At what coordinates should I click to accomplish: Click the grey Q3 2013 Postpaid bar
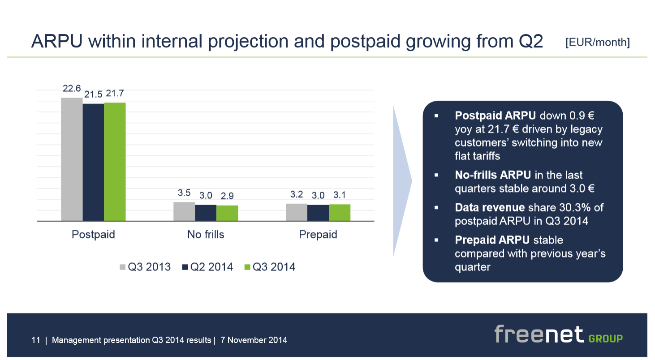point(72,159)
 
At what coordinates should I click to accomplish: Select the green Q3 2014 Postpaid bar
point(115,162)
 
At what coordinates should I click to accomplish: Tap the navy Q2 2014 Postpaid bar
point(93,162)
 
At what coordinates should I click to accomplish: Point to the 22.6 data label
point(72,89)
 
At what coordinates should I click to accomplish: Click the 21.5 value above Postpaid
point(94,94)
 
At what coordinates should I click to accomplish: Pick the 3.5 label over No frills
point(184,193)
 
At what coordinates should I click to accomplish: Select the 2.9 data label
point(227,196)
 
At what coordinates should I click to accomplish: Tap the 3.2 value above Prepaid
point(297,194)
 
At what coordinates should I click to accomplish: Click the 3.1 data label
point(340,195)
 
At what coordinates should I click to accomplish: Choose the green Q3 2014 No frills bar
point(227,213)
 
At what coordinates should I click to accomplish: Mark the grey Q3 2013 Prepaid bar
point(297,212)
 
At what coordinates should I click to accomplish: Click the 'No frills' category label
point(206,235)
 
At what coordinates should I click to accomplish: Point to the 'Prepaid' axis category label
point(318,235)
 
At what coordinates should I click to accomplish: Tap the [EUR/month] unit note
point(597,43)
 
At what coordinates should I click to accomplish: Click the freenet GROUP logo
point(558,335)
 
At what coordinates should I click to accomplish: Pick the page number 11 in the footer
point(36,340)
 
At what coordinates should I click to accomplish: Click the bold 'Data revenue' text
point(490,208)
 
